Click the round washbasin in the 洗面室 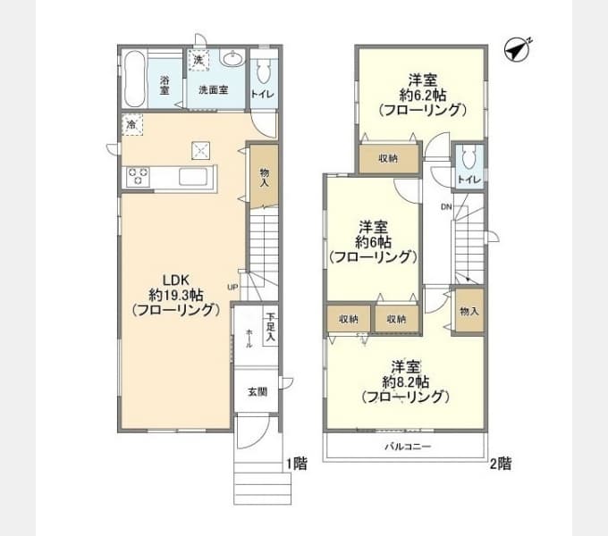(x=232, y=61)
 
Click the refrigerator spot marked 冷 (x=132, y=123)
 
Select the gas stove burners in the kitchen (x=139, y=176)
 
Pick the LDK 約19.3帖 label (x=175, y=294)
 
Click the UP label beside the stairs (x=232, y=287)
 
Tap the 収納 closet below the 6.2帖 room (x=387, y=158)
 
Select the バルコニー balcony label (x=408, y=446)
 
